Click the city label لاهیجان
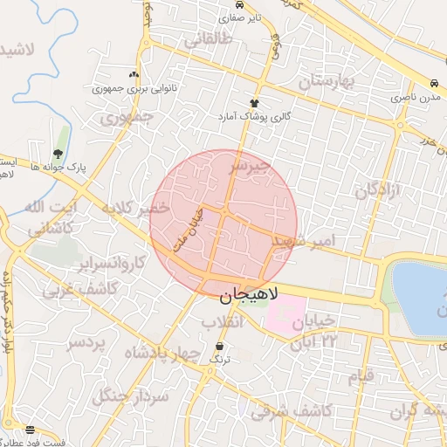(x=247, y=296)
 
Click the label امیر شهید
(x=302, y=239)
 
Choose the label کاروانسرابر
(x=108, y=263)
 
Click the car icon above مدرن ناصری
(x=434, y=84)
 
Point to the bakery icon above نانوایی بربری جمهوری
(x=133, y=75)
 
